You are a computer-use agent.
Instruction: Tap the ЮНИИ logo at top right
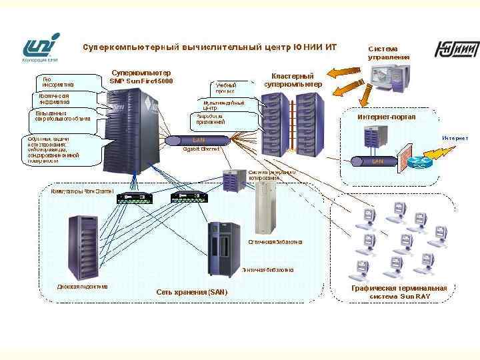pos(457,50)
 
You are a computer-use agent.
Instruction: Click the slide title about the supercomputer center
pos(209,47)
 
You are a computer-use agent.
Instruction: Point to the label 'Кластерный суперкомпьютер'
pos(293,81)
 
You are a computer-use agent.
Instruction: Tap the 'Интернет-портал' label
pos(387,117)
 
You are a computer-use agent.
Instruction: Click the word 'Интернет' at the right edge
pos(455,138)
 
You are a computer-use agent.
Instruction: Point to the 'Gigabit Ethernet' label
pos(201,149)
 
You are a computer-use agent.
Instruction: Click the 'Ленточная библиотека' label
pos(267,270)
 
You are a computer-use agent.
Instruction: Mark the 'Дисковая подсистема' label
pos(82,287)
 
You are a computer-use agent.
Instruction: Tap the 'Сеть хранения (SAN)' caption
pos(191,292)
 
